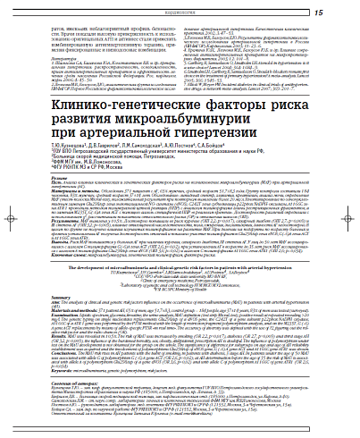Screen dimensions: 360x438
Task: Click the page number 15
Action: pyautogui.click(x=344, y=12)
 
